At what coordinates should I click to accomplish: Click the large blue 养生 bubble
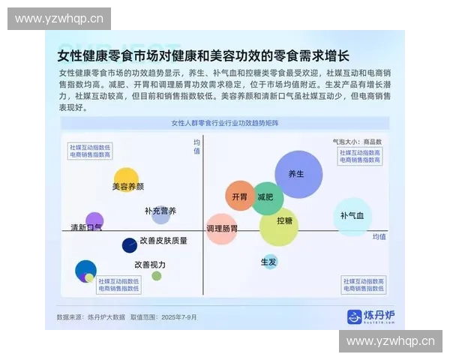click(x=298, y=174)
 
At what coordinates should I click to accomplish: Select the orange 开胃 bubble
click(x=240, y=196)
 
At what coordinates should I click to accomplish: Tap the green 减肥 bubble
click(x=267, y=197)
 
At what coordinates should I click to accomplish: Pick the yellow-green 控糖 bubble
click(x=279, y=226)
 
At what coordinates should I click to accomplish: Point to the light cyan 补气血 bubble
click(x=352, y=217)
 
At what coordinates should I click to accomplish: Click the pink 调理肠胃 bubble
click(x=222, y=229)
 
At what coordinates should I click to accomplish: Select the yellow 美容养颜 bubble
click(x=126, y=179)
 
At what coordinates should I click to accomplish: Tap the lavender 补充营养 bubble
click(x=161, y=215)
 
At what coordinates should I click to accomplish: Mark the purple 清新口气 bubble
click(x=94, y=221)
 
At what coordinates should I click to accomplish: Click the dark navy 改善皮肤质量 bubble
click(x=129, y=245)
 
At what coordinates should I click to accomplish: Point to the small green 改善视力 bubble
click(x=157, y=276)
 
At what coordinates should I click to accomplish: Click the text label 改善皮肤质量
click(x=163, y=241)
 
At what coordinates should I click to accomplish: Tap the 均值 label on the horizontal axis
click(x=379, y=237)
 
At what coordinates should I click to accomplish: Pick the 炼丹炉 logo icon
click(x=354, y=316)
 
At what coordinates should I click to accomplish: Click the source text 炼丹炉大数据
click(x=106, y=317)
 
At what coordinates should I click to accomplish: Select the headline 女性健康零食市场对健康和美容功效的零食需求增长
click(x=203, y=55)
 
